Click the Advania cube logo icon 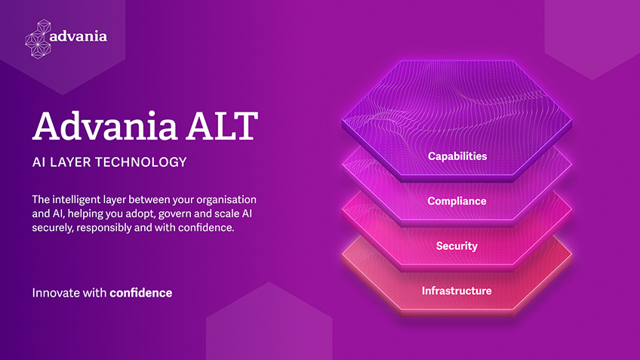(x=38, y=39)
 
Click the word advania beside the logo (x=78, y=36)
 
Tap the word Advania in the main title (x=105, y=125)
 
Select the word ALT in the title (x=223, y=126)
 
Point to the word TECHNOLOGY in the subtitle (x=141, y=162)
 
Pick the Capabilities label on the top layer (x=457, y=156)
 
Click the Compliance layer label (x=457, y=201)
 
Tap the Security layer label (x=457, y=246)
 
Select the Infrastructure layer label (x=457, y=291)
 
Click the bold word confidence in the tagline (x=141, y=293)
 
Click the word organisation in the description (x=226, y=200)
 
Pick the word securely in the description (x=53, y=228)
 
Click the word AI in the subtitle (x=38, y=162)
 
